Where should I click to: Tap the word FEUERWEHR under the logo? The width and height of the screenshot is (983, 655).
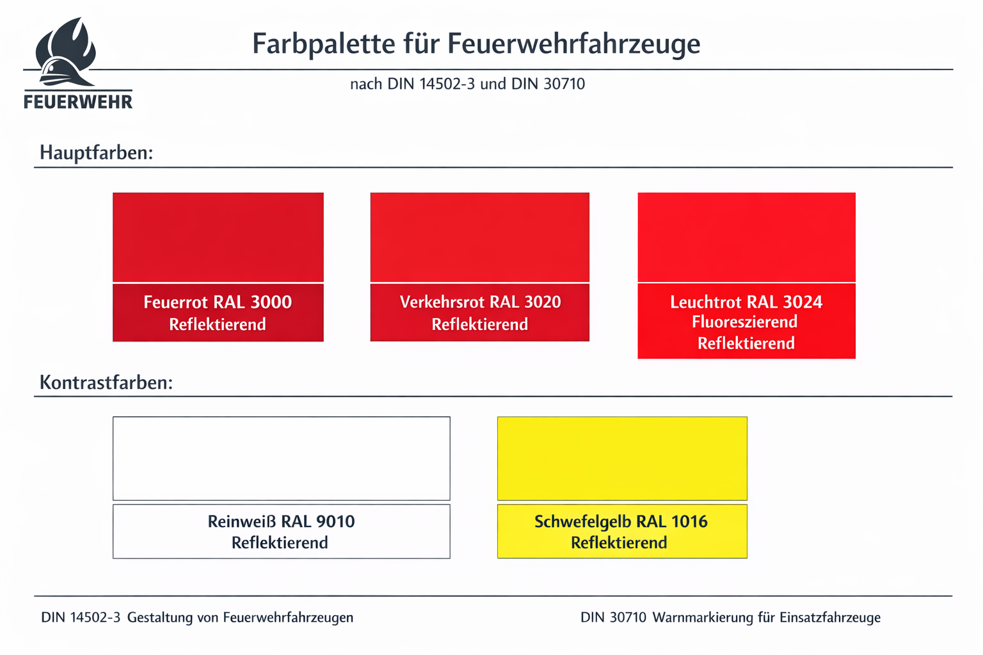click(x=78, y=102)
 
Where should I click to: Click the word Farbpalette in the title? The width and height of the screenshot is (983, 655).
click(x=323, y=44)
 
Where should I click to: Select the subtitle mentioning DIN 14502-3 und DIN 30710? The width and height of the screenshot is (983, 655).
click(x=467, y=84)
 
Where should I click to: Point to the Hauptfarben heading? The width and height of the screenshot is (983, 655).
click(x=97, y=153)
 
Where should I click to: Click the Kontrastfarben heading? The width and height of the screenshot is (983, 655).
click(x=106, y=383)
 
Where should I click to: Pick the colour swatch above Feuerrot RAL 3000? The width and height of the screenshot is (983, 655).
click(x=218, y=237)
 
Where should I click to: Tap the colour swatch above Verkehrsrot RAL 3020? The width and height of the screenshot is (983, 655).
click(x=479, y=237)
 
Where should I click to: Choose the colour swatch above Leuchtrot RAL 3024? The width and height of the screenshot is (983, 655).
click(x=746, y=237)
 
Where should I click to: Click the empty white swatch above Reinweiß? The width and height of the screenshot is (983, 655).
click(x=282, y=458)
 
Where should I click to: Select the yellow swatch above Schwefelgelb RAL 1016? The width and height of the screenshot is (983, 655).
click(x=622, y=458)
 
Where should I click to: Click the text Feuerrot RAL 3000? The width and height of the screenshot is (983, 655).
click(x=218, y=302)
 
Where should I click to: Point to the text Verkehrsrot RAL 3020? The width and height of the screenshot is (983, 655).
click(x=480, y=302)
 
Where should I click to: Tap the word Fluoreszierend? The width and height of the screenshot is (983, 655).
click(x=745, y=322)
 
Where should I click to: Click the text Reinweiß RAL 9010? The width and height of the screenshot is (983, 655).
click(x=281, y=521)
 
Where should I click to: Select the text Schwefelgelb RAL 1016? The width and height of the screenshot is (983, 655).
click(x=621, y=521)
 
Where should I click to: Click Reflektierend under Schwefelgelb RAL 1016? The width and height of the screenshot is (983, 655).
click(x=619, y=543)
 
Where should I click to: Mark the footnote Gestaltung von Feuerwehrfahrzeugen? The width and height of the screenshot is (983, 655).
click(x=240, y=618)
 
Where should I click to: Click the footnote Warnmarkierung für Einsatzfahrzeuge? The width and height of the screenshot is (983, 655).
click(x=766, y=618)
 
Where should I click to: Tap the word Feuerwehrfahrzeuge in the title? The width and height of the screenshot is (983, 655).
click(x=573, y=44)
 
